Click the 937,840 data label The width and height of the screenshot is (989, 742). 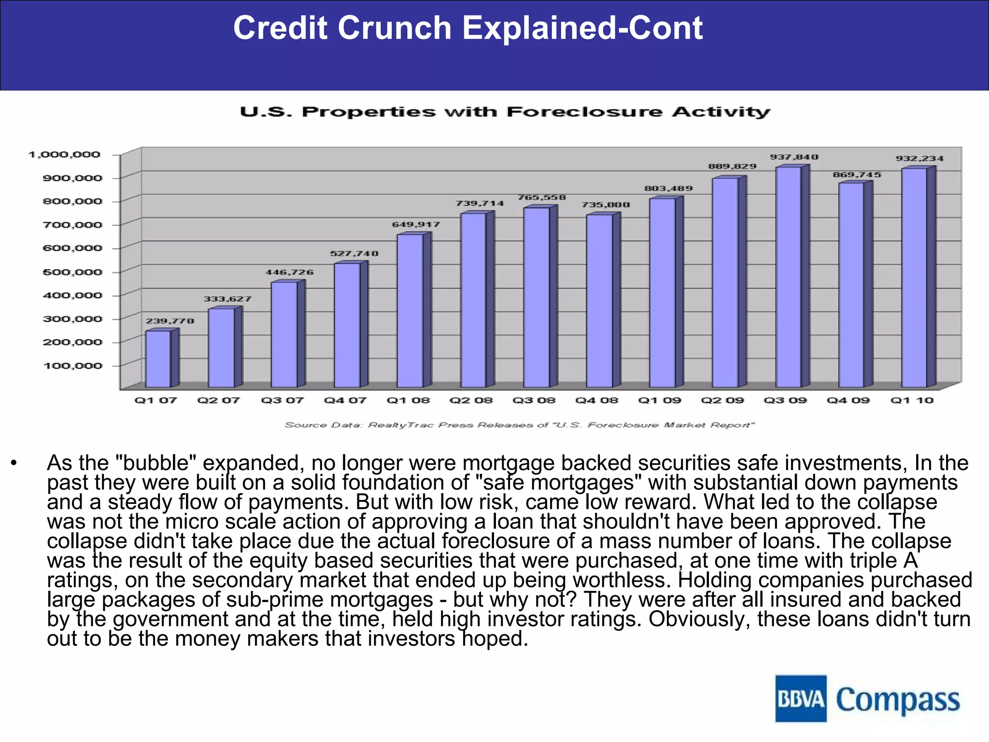pos(794,157)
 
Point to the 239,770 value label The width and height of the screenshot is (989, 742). pos(170,321)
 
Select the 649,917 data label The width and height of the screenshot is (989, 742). pos(416,224)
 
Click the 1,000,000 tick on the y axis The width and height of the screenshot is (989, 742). pos(64,155)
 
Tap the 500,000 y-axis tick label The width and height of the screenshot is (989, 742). pos(72,272)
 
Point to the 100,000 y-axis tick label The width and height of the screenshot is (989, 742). pos(72,366)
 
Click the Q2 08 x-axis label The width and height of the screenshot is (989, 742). pos(471,400)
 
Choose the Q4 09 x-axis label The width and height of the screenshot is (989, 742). pos(848,400)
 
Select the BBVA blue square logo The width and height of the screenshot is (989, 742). pos(801,699)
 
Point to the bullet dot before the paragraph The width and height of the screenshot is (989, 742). pos(14,464)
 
